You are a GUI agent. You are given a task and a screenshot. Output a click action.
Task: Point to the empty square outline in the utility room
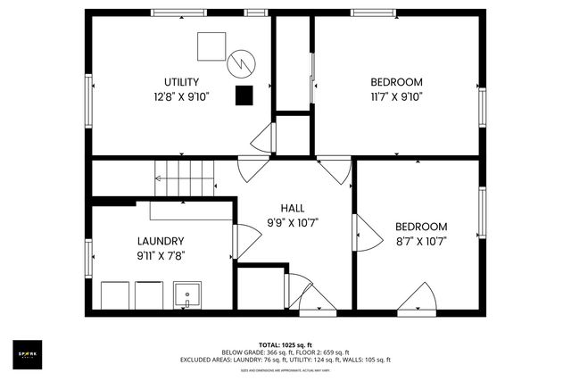pyautogui.click(x=211, y=46)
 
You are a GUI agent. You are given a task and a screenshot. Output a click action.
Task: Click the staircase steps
pyautogui.click(x=186, y=178)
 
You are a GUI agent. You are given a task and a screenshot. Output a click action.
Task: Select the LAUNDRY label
pyautogui.click(x=161, y=241)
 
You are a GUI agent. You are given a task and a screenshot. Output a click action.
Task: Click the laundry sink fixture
pyautogui.click(x=187, y=294)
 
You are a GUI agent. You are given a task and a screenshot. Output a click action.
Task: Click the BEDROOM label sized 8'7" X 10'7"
pyautogui.click(x=421, y=227)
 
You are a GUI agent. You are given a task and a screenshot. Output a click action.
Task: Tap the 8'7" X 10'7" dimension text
pyautogui.click(x=421, y=241)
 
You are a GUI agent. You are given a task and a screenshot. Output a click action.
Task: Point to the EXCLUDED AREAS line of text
pyautogui.click(x=285, y=360)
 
